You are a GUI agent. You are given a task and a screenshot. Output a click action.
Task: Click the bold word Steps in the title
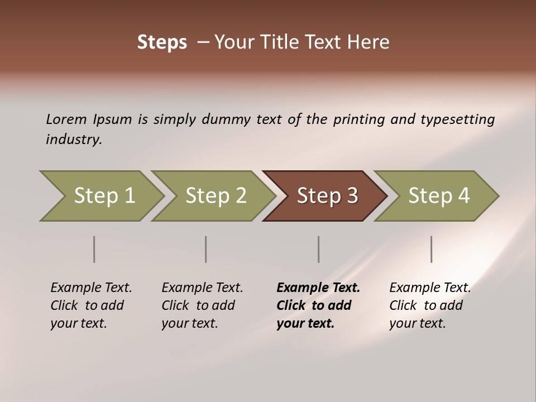162,42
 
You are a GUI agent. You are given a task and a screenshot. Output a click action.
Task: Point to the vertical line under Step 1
94,249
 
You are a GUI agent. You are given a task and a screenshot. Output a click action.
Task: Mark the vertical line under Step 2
206,249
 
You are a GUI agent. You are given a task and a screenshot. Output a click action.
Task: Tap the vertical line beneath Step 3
319,249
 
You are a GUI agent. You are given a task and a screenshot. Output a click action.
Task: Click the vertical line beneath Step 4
432,249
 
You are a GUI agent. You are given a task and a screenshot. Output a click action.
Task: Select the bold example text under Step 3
318,305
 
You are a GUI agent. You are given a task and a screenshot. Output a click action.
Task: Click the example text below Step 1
91,305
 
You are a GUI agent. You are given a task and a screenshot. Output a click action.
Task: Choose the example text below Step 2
202,305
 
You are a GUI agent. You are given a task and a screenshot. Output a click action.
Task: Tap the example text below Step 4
430,305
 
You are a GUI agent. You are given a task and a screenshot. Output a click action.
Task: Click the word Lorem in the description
66,119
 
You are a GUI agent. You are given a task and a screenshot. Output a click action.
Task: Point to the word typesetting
457,119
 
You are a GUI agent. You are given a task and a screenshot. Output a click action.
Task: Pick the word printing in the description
359,119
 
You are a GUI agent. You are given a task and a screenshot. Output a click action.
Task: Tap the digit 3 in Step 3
352,195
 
